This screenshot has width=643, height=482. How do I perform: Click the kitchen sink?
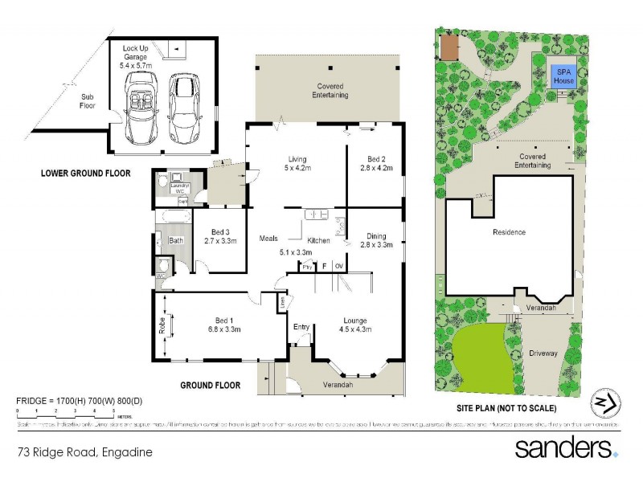tap(314, 214)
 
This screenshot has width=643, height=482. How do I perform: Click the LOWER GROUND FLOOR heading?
tap(84, 173)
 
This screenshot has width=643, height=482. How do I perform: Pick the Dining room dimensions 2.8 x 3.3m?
tap(376, 244)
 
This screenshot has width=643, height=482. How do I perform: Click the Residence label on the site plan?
tap(509, 232)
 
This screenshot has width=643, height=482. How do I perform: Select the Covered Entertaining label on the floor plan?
tap(330, 90)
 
